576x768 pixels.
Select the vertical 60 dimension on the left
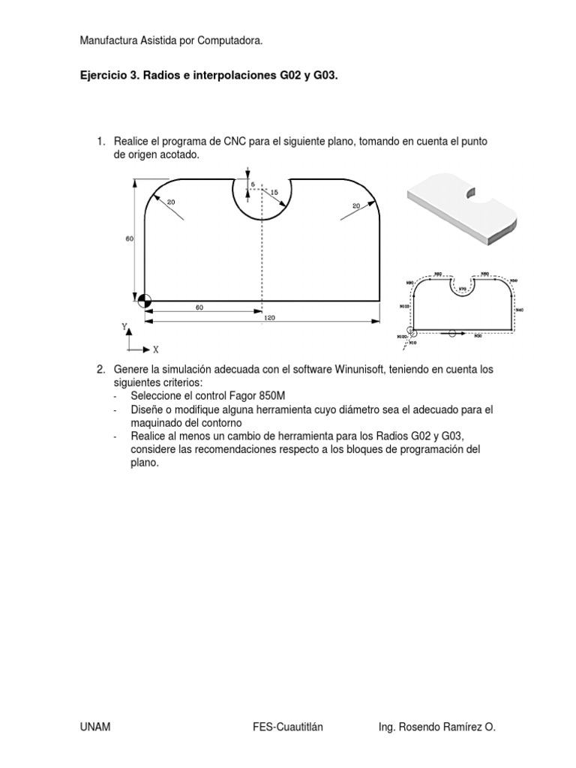coord(129,238)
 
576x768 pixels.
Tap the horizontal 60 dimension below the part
coord(200,307)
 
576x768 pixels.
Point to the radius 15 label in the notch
coord(274,193)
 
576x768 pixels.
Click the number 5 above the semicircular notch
coord(253,184)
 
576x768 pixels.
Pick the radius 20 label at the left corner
coord(170,202)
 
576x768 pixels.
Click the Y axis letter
coord(124,327)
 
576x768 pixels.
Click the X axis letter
coord(155,349)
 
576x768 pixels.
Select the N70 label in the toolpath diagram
coord(462,289)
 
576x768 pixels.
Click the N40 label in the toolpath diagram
coord(519,310)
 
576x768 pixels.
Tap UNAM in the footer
coord(94,727)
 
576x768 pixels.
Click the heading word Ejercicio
coord(103,76)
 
